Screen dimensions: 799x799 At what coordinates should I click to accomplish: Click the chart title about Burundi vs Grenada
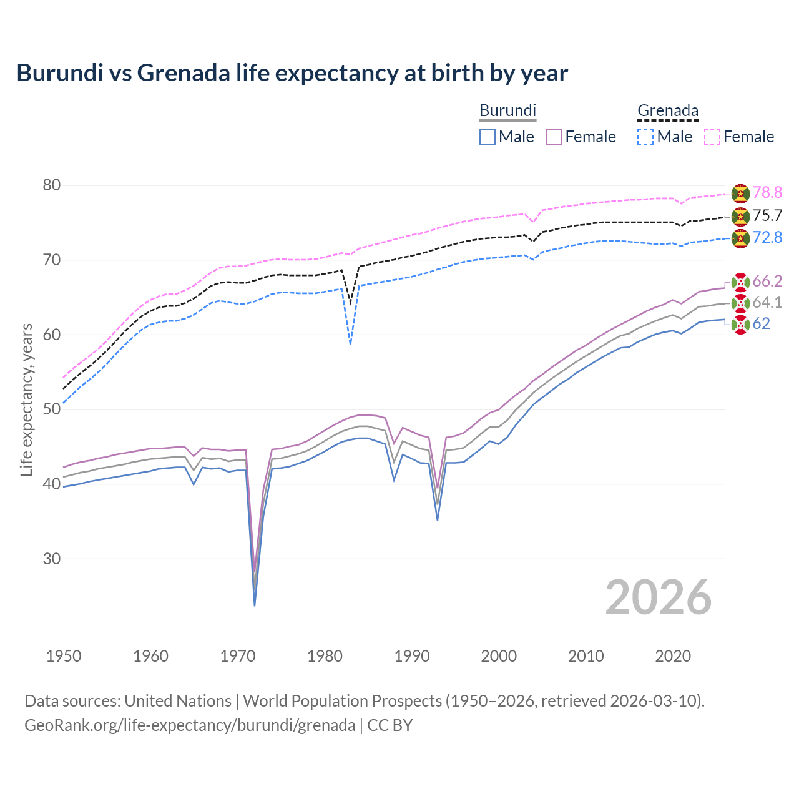292,73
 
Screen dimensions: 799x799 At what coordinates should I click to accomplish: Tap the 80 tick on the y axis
52,185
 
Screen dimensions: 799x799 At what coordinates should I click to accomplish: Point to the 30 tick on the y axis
52,559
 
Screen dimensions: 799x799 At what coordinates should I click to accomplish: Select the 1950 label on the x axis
64,656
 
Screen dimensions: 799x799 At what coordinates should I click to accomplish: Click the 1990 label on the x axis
412,656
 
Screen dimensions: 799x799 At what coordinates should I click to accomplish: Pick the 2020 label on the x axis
673,656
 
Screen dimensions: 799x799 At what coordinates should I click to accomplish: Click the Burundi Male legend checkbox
488,137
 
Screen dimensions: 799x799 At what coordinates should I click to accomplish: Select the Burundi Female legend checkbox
554,137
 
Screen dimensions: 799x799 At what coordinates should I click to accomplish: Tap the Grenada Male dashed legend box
645,137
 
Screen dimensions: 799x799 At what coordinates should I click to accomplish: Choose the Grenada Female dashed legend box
712,137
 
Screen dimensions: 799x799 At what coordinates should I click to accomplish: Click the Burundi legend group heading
507,110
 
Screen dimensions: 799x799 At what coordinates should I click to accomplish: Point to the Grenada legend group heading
667,110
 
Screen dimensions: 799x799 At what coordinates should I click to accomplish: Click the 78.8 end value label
767,193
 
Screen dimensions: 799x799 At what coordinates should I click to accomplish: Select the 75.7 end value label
767,215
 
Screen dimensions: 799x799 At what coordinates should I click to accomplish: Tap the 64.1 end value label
767,303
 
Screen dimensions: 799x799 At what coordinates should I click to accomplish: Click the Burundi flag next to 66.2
740,282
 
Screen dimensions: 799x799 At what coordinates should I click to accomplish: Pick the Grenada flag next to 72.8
740,238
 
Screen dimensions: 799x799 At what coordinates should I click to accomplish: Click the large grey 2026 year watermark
658,597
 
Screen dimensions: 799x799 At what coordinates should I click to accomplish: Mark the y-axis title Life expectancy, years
27,399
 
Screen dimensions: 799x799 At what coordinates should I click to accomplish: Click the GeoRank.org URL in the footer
190,725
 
